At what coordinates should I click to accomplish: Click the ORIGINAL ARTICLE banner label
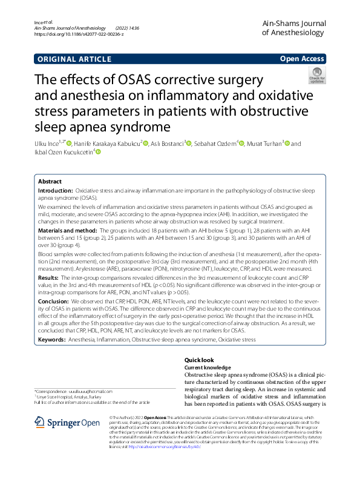pos(74,59)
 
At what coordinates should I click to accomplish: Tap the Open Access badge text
pos(302,59)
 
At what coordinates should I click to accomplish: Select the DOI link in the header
pos(79,35)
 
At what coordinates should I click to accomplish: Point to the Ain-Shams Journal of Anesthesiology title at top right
pos(293,28)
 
